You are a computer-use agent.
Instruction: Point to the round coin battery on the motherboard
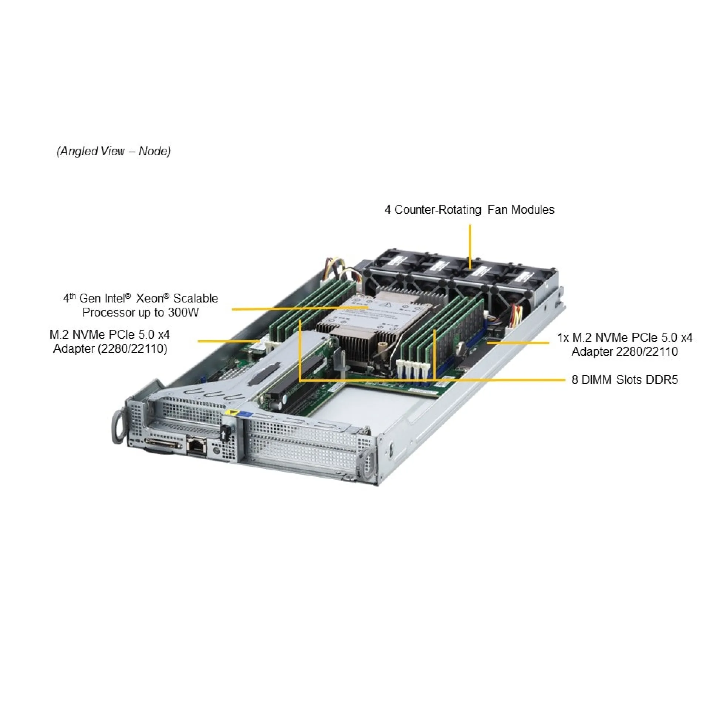[x=460, y=347]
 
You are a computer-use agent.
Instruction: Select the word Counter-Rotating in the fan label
[x=438, y=210]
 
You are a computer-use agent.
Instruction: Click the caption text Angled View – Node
[x=114, y=151]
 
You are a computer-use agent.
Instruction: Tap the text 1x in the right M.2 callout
[x=563, y=337]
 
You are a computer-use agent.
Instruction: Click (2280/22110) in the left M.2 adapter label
[x=132, y=349]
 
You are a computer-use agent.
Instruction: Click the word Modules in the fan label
[x=532, y=210]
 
